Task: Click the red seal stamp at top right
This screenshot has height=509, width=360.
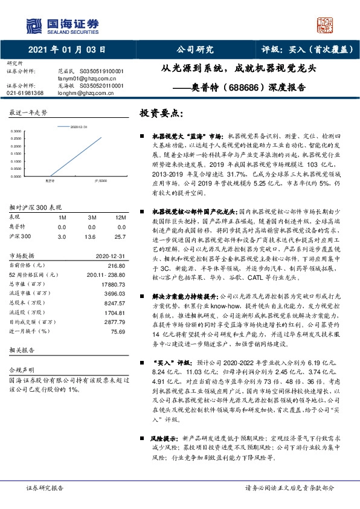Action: coord(326,25)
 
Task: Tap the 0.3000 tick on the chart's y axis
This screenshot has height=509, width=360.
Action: coord(17,131)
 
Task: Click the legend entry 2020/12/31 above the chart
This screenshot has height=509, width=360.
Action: coord(79,126)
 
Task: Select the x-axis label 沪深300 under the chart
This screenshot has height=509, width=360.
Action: coord(101,180)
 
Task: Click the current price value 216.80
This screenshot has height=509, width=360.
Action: coord(116,265)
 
